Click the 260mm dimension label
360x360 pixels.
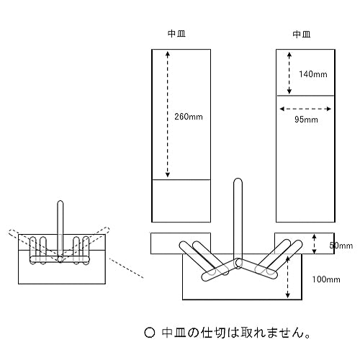click(189, 116)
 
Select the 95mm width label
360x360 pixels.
click(307, 120)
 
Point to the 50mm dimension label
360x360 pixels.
click(343, 246)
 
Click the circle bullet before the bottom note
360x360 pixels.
click(150, 333)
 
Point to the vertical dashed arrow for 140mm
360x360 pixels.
click(289, 72)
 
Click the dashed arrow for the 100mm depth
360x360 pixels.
click(289, 279)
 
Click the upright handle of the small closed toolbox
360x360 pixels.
click(61, 223)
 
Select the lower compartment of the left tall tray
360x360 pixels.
click(181, 200)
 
